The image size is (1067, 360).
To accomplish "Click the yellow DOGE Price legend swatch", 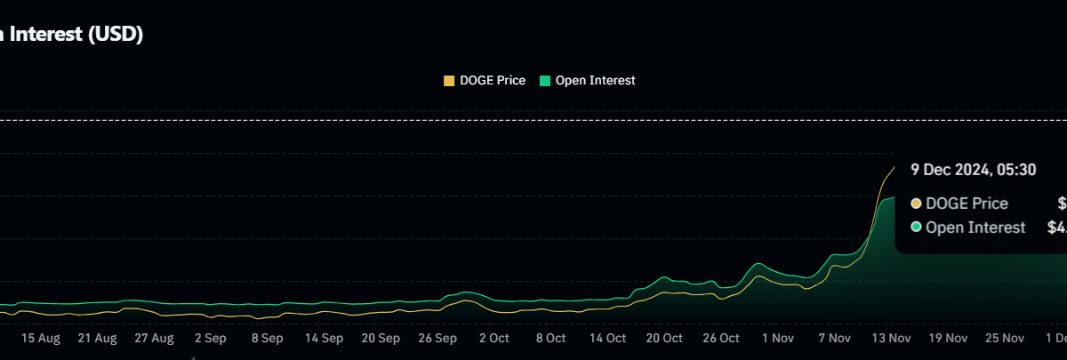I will pos(449,81).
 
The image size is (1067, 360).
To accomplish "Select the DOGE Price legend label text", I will pos(493,81).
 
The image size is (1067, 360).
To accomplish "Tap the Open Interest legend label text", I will pos(595,81).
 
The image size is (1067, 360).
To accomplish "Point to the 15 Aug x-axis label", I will pos(40,339).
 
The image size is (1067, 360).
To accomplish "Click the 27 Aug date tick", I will pos(154,339).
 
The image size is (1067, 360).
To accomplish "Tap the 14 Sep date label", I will pos(324,339).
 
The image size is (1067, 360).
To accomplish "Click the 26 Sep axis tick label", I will pos(437,339).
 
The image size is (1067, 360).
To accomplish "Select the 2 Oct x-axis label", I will pos(493,339).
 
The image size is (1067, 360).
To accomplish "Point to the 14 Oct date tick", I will pos(607,339).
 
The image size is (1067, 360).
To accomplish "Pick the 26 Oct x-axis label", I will pos(721,339).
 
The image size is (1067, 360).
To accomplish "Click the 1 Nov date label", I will pos(777,339).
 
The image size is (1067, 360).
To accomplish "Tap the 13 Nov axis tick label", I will pos(891,339).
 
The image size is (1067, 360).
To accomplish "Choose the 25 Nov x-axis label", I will pos(1005,339).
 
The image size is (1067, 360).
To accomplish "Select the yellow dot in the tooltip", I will pos(916,204).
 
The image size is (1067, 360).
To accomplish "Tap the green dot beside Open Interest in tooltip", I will pos(916,228).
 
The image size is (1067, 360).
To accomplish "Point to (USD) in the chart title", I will pos(116,35).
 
